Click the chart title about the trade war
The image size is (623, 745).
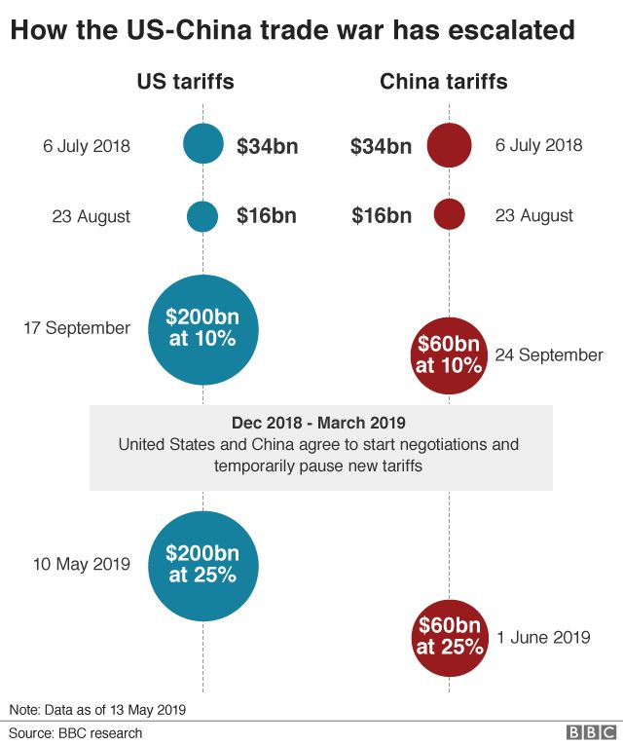point(292,31)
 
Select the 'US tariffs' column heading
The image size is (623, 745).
point(185,82)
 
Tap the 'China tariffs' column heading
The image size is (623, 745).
point(443,82)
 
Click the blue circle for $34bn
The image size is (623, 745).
point(202,146)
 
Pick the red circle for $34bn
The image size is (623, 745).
point(449,146)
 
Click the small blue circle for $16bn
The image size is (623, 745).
point(202,215)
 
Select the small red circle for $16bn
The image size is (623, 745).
point(449,215)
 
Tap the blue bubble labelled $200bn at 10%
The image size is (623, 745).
point(202,329)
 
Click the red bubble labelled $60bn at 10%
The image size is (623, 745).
point(449,354)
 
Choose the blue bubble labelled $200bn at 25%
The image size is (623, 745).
point(202,564)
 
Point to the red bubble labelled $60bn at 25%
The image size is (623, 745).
point(449,636)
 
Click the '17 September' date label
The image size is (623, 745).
point(77,328)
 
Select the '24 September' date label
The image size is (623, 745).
point(549,355)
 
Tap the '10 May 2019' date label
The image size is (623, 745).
point(81,564)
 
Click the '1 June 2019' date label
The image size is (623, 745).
point(543,638)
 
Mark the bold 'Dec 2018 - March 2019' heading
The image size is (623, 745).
point(318,424)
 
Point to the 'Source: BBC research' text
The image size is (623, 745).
point(76,733)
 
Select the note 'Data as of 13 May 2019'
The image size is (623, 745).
point(97,709)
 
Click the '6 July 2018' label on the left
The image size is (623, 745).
point(87,147)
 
